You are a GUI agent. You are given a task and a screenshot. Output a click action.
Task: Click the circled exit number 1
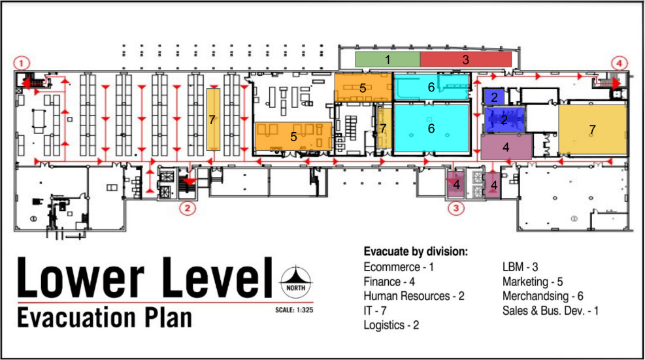[x=22, y=63]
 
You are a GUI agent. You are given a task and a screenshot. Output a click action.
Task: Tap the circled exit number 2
[x=188, y=209]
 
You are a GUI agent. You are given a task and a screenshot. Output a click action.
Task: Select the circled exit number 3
[x=456, y=209]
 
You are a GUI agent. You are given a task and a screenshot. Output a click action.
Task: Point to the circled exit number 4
[x=619, y=63]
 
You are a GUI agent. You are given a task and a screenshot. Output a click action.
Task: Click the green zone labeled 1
[x=387, y=59]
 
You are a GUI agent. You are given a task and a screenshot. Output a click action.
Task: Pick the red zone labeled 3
[x=465, y=59]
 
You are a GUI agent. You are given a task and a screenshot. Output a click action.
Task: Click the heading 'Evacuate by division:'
[x=416, y=252]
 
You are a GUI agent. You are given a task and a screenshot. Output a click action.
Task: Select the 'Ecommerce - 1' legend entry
[x=398, y=267]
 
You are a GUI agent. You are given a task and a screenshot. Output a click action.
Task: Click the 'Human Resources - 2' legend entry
[x=414, y=296]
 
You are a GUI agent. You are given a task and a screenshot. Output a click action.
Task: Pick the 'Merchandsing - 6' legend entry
[x=543, y=296]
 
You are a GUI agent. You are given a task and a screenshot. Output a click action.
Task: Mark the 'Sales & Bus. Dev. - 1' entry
[x=551, y=310]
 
